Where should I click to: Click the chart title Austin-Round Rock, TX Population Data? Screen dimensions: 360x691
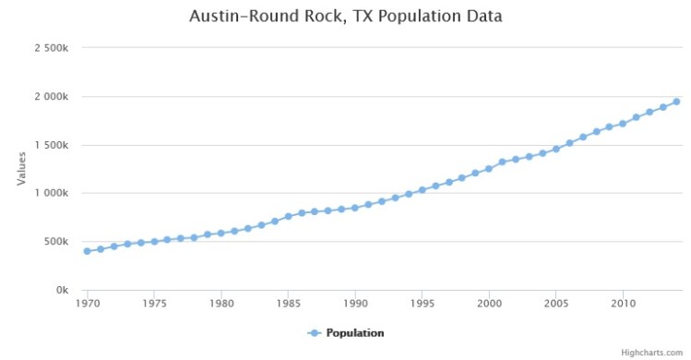tap(345, 17)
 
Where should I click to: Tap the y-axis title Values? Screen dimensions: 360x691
tap(21, 169)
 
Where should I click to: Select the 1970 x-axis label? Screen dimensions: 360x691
tap(88, 303)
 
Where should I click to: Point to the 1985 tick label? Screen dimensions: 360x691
tap(289, 303)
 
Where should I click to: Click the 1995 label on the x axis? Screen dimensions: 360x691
tap(423, 303)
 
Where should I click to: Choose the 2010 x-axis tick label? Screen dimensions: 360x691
tap(624, 303)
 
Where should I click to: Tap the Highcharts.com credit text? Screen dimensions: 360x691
tap(654, 353)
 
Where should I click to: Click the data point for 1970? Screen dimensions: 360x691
tap(88, 251)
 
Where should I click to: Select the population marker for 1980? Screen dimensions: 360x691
tap(221, 233)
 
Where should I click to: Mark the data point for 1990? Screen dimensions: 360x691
tap(355, 208)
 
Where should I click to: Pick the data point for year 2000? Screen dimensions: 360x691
tap(489, 169)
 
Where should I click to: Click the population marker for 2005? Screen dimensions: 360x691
tap(556, 149)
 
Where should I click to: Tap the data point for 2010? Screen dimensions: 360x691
tap(623, 124)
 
